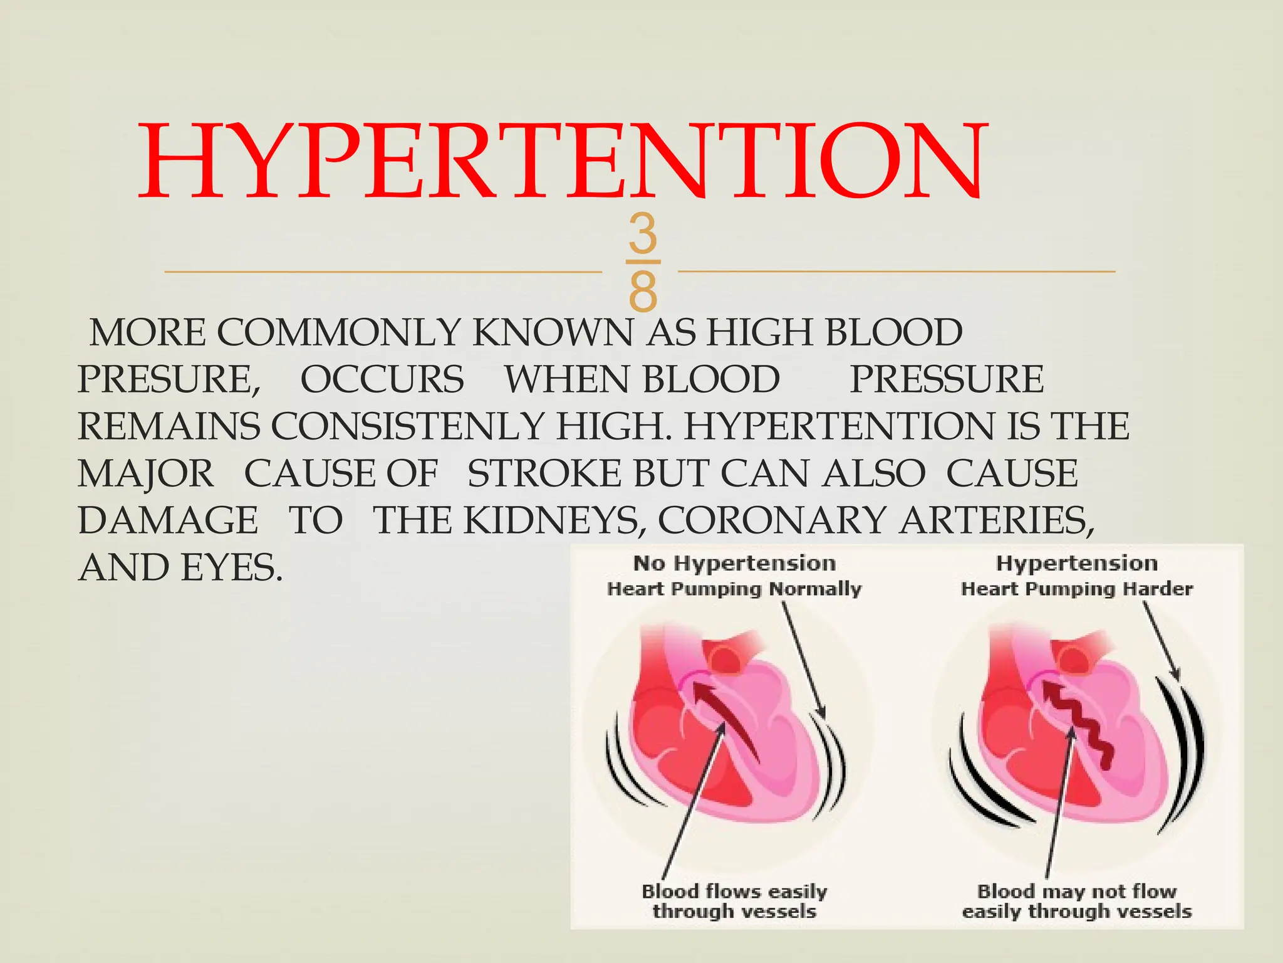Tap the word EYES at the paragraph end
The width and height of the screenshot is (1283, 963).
pyautogui.click(x=231, y=568)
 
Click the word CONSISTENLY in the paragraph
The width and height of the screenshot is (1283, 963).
pyautogui.click(x=407, y=426)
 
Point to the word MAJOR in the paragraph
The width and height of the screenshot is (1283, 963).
pyautogui.click(x=145, y=473)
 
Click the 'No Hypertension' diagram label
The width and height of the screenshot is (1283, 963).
pyautogui.click(x=734, y=563)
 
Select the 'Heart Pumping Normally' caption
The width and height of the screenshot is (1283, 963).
pyautogui.click(x=734, y=589)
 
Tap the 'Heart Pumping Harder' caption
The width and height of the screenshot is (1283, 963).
pyautogui.click(x=1076, y=589)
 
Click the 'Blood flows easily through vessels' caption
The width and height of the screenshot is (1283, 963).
pyautogui.click(x=734, y=901)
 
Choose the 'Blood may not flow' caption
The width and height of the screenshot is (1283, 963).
pyautogui.click(x=1076, y=892)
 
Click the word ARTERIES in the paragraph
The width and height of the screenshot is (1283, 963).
pyautogui.click(x=996, y=520)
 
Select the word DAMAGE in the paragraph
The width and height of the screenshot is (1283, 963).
pyautogui.click(x=168, y=520)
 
